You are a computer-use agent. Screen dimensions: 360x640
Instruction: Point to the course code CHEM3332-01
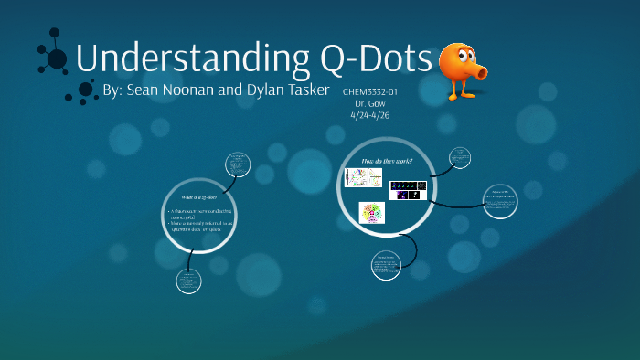point(370,92)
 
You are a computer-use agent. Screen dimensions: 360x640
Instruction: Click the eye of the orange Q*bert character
point(454,52)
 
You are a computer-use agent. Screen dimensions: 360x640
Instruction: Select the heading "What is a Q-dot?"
point(200,197)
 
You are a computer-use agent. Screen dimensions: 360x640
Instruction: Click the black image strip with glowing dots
point(408,190)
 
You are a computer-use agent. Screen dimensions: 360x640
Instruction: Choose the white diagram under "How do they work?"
point(363,177)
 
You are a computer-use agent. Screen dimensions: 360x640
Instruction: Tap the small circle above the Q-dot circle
point(238,164)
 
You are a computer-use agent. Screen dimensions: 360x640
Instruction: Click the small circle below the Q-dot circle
point(188,281)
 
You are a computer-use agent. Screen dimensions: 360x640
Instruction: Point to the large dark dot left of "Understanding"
point(57,59)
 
